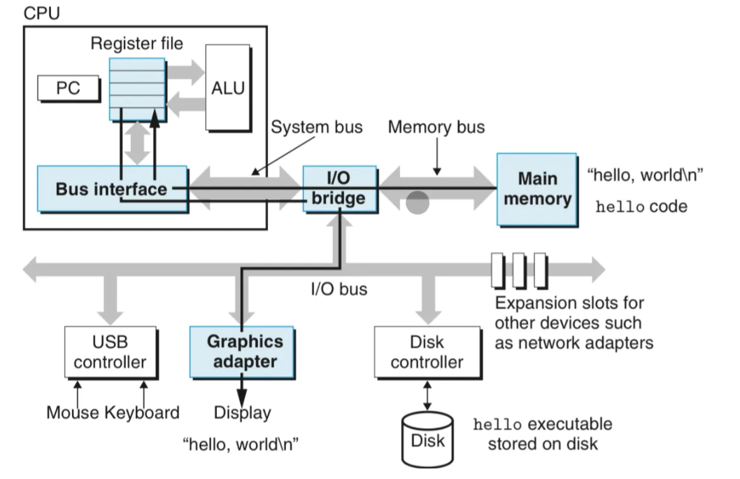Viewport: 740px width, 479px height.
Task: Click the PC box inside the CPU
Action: [x=68, y=89]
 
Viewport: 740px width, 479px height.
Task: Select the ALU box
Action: [x=227, y=88]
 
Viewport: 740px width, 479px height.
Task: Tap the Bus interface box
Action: [x=112, y=189]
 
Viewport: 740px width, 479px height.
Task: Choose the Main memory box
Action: [x=536, y=188]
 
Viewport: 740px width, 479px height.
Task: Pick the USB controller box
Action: [x=110, y=352]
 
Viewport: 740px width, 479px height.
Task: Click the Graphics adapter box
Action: [x=244, y=352]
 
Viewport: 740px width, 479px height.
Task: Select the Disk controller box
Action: [x=427, y=352]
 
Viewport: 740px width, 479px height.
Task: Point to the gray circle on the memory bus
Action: [x=417, y=202]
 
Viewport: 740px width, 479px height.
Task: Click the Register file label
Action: [x=137, y=44]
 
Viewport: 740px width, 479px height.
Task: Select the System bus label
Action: [x=317, y=127]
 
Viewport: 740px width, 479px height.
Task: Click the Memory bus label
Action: [x=436, y=127]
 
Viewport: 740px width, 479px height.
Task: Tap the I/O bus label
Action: [x=339, y=289]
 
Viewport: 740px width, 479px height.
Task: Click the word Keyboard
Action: [x=142, y=412]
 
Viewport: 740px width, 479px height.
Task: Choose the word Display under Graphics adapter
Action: [x=242, y=412]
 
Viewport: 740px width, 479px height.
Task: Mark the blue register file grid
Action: [x=137, y=89]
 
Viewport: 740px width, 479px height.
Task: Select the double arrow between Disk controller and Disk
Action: [x=427, y=396]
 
